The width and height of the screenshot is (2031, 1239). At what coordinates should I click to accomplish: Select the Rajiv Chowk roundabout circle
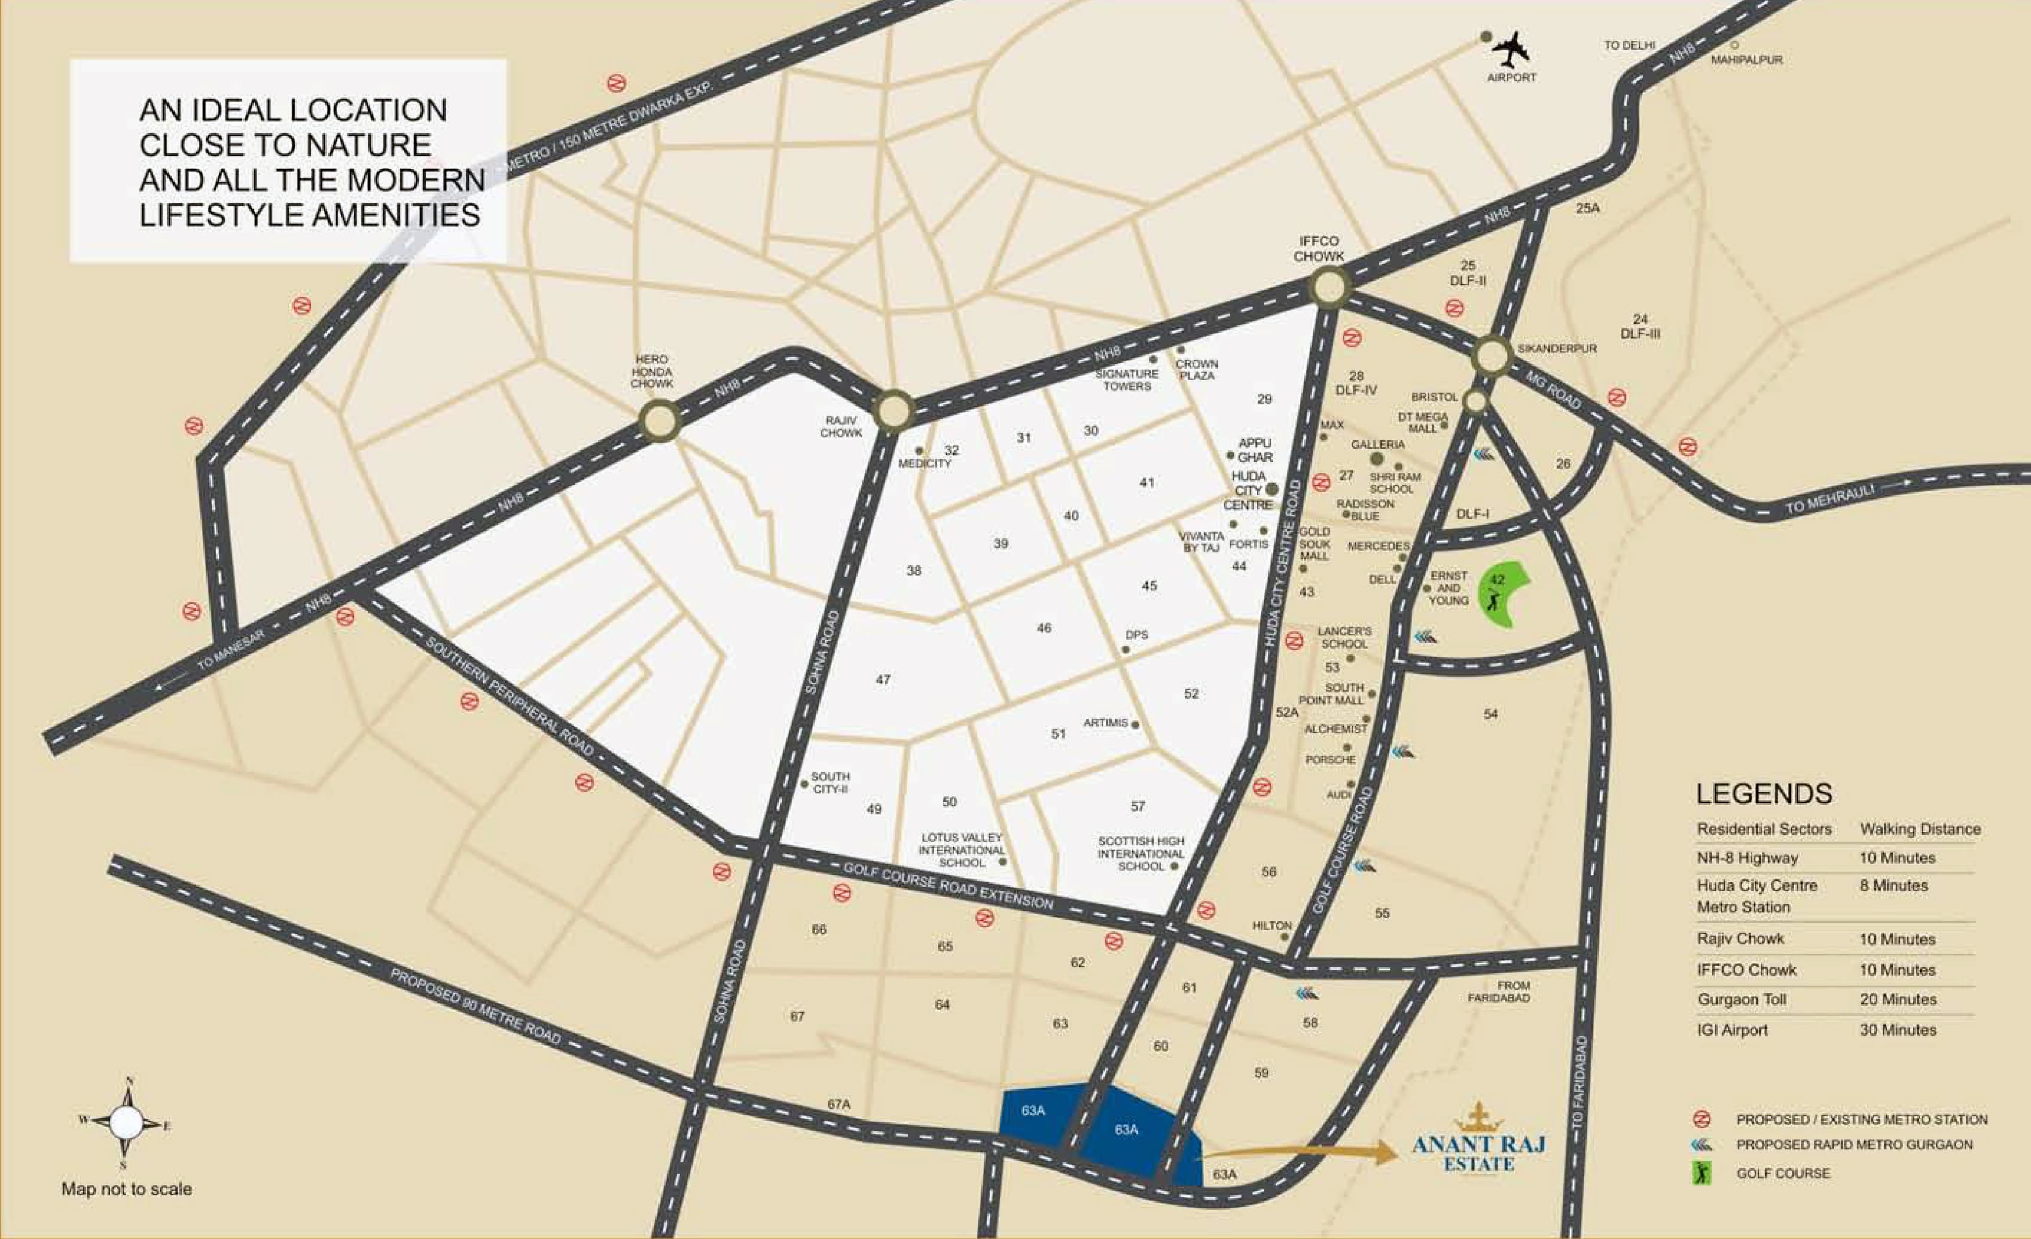point(893,410)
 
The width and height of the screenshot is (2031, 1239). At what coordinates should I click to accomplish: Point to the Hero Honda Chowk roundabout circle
point(660,421)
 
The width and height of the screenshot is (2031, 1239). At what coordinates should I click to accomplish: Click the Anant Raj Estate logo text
point(1479,1152)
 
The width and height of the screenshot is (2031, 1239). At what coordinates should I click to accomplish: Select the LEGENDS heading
point(1764,794)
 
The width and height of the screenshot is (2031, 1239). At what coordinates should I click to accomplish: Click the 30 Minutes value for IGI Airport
point(1898,1030)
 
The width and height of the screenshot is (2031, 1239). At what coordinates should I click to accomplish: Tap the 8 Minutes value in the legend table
point(1893,885)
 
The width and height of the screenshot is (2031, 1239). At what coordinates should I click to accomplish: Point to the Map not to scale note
point(126,1189)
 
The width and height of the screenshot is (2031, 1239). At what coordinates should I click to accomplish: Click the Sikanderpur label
point(1557,349)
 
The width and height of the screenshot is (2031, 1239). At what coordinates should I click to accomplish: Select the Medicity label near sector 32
point(925,463)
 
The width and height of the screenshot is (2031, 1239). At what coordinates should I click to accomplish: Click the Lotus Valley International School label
point(961,850)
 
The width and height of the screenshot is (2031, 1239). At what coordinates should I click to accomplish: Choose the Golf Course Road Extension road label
point(948,885)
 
